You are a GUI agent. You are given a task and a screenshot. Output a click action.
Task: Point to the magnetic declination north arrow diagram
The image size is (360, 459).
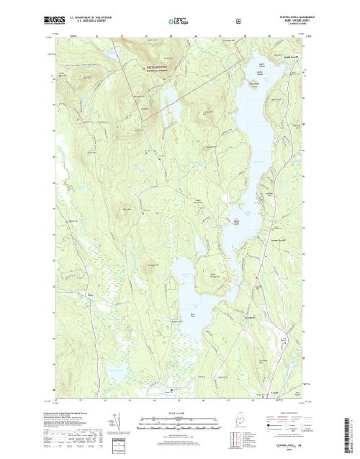click(x=114, y=422)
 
